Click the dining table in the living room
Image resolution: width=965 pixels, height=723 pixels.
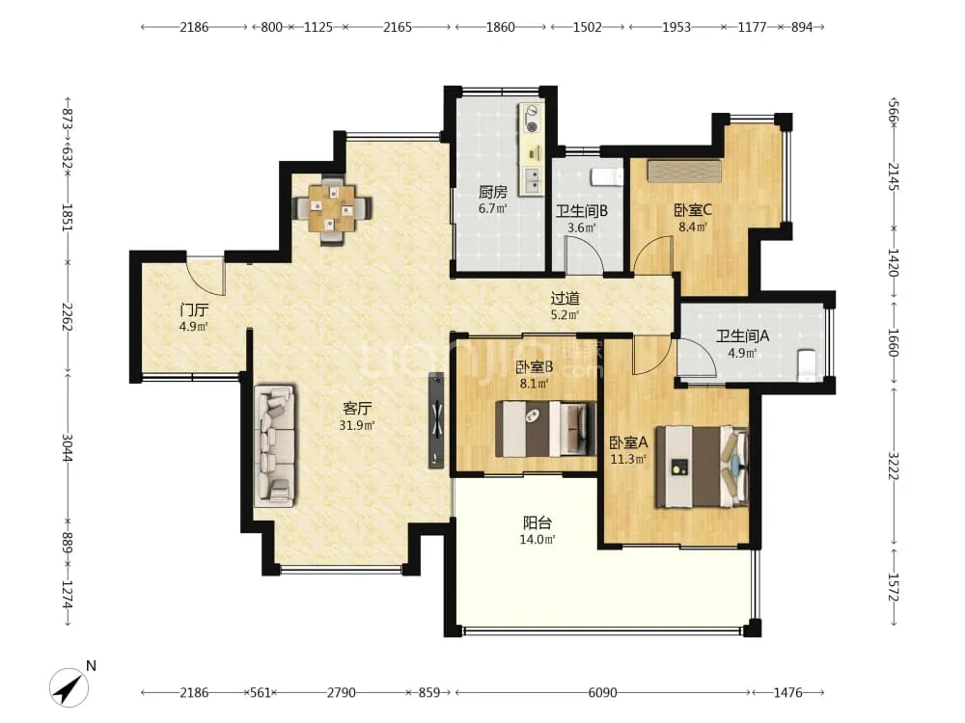pyautogui.click(x=332, y=208)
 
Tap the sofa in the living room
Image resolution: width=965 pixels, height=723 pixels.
pyautogui.click(x=274, y=445)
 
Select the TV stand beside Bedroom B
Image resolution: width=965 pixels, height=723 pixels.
pyautogui.click(x=436, y=420)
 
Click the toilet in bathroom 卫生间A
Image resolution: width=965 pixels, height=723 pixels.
pyautogui.click(x=806, y=365)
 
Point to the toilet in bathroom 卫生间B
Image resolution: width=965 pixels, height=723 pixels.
pyautogui.click(x=607, y=176)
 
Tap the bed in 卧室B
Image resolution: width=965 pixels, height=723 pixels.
pyautogui.click(x=546, y=428)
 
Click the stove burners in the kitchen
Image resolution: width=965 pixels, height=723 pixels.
pyautogui.click(x=531, y=119)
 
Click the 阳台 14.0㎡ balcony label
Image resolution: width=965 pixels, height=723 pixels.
pyautogui.click(x=538, y=531)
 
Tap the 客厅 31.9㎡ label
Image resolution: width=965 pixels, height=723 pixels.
pyautogui.click(x=357, y=416)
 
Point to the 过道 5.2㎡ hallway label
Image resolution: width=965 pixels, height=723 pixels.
pyautogui.click(x=565, y=307)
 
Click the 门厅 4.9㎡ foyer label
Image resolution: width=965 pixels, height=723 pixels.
pyautogui.click(x=193, y=317)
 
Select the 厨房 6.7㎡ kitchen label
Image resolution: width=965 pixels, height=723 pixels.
pyautogui.click(x=493, y=200)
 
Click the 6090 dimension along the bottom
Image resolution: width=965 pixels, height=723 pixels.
pyautogui.click(x=602, y=693)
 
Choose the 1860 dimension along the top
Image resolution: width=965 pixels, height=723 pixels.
pyautogui.click(x=500, y=27)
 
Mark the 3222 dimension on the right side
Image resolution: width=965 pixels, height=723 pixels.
pyautogui.click(x=893, y=466)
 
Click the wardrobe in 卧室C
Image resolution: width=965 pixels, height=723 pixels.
pyautogui.click(x=684, y=171)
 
